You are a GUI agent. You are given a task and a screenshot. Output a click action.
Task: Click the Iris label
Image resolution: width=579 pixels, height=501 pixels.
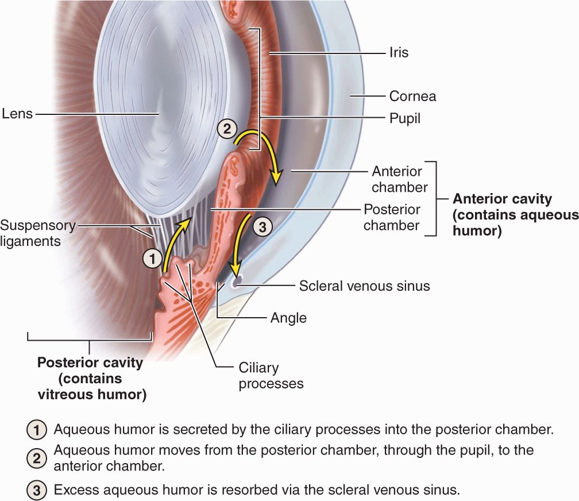[x=399, y=52]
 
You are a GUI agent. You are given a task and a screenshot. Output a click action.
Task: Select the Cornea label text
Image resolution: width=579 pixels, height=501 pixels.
[x=412, y=96]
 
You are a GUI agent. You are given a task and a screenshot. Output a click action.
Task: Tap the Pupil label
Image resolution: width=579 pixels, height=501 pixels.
[x=405, y=118]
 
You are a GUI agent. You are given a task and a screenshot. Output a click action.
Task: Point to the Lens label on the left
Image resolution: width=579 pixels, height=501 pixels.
[x=17, y=114]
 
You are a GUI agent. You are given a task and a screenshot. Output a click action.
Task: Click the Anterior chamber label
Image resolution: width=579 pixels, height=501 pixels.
[x=396, y=179]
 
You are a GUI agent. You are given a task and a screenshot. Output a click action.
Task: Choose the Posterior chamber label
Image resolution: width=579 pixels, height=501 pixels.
[x=391, y=217]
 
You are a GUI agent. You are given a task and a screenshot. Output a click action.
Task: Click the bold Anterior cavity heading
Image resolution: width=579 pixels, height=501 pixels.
[x=502, y=199]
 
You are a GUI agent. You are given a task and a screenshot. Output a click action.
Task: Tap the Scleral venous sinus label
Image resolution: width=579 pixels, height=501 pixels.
[x=364, y=286]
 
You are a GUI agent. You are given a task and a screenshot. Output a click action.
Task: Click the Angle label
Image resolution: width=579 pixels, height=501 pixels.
[x=288, y=318]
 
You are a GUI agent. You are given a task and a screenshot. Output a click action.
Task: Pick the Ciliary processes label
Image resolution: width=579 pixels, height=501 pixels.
[x=271, y=375]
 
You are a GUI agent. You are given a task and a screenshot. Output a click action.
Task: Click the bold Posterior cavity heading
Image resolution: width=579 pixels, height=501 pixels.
[x=90, y=363]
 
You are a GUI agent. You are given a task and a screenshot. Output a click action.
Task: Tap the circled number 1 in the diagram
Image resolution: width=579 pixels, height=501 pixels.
[x=152, y=259]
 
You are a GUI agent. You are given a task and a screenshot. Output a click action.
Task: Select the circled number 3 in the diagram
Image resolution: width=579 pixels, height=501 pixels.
[x=262, y=227]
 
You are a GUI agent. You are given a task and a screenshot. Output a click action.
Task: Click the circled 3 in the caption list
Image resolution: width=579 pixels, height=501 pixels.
[x=36, y=491]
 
